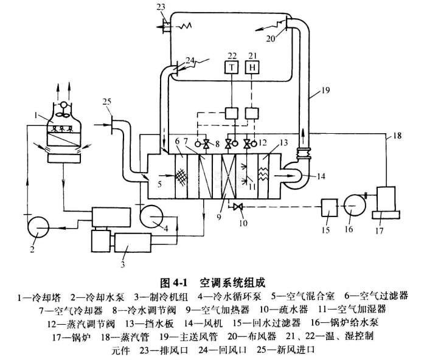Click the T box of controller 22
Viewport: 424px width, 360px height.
coord(232,67)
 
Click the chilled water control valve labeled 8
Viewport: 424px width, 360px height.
coord(206,144)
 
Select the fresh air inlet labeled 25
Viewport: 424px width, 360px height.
coord(110,126)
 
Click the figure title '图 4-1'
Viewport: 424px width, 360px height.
coord(172,283)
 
